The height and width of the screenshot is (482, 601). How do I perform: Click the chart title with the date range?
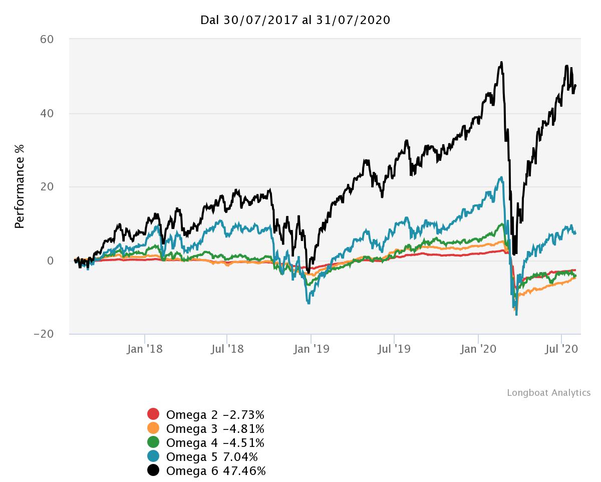[295, 20]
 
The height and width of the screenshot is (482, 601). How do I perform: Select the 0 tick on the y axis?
[51, 261]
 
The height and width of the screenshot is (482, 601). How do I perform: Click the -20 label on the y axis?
[44, 334]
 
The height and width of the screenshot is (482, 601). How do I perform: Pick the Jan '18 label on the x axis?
[145, 349]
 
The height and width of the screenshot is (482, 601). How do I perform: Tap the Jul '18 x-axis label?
[228, 349]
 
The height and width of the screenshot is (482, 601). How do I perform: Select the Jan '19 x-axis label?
[312, 349]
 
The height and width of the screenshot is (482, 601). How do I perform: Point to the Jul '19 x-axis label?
[394, 349]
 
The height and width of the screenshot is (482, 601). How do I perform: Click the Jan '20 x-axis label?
[478, 349]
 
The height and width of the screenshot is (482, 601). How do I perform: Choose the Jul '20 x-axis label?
[561, 349]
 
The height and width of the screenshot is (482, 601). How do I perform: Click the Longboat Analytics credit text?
[548, 393]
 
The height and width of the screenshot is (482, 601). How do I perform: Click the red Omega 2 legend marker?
[153, 414]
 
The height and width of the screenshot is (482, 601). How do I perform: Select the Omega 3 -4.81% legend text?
[215, 429]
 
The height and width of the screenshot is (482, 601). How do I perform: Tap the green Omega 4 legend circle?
[153, 442]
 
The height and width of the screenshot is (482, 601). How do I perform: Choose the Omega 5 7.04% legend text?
[212, 457]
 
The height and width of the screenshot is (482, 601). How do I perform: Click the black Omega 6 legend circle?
[153, 470]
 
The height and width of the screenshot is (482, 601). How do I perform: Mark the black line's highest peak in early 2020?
[501, 63]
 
